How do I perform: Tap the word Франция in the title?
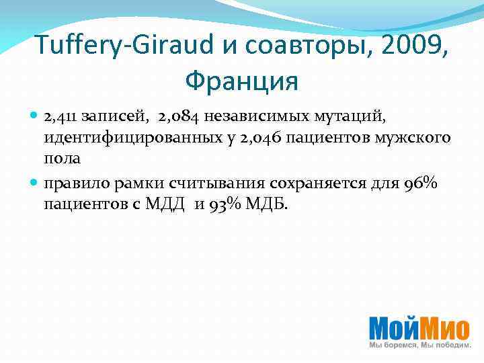241,81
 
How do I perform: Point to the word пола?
63,159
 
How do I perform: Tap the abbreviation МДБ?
268,204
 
